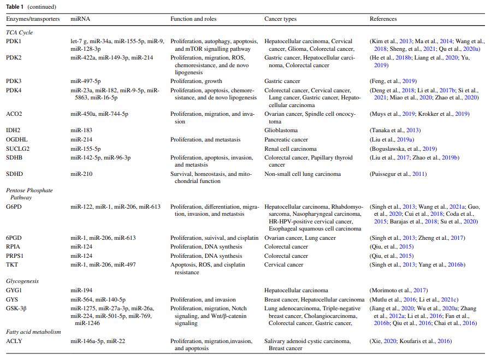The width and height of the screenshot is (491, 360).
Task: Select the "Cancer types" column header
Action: tap(280, 19)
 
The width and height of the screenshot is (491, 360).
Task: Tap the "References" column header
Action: tap(383, 19)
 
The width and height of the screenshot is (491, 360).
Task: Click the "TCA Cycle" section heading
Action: tap(19, 32)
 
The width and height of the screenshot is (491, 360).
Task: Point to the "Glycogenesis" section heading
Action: tap(22, 281)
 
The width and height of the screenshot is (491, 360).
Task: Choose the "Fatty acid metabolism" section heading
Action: tap(33, 332)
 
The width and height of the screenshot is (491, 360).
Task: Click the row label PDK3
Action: tap(14, 81)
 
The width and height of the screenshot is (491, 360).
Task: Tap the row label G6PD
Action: tap(14, 207)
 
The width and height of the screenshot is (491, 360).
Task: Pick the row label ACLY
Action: tap(14, 341)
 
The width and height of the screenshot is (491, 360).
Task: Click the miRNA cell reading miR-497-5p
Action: tap(85, 81)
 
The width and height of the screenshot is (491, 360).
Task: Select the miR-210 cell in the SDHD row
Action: tap(81, 174)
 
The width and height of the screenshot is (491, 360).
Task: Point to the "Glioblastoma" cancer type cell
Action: tap(282, 130)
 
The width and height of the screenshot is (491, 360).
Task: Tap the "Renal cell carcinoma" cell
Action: tap(290, 149)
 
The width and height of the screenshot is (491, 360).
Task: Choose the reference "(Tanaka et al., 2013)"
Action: tap(395, 130)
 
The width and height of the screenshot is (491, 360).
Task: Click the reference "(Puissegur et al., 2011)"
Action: tap(398, 174)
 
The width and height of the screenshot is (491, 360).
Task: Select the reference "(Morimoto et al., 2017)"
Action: tap(398, 290)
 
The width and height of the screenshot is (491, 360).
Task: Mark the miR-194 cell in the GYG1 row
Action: tap(81, 290)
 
